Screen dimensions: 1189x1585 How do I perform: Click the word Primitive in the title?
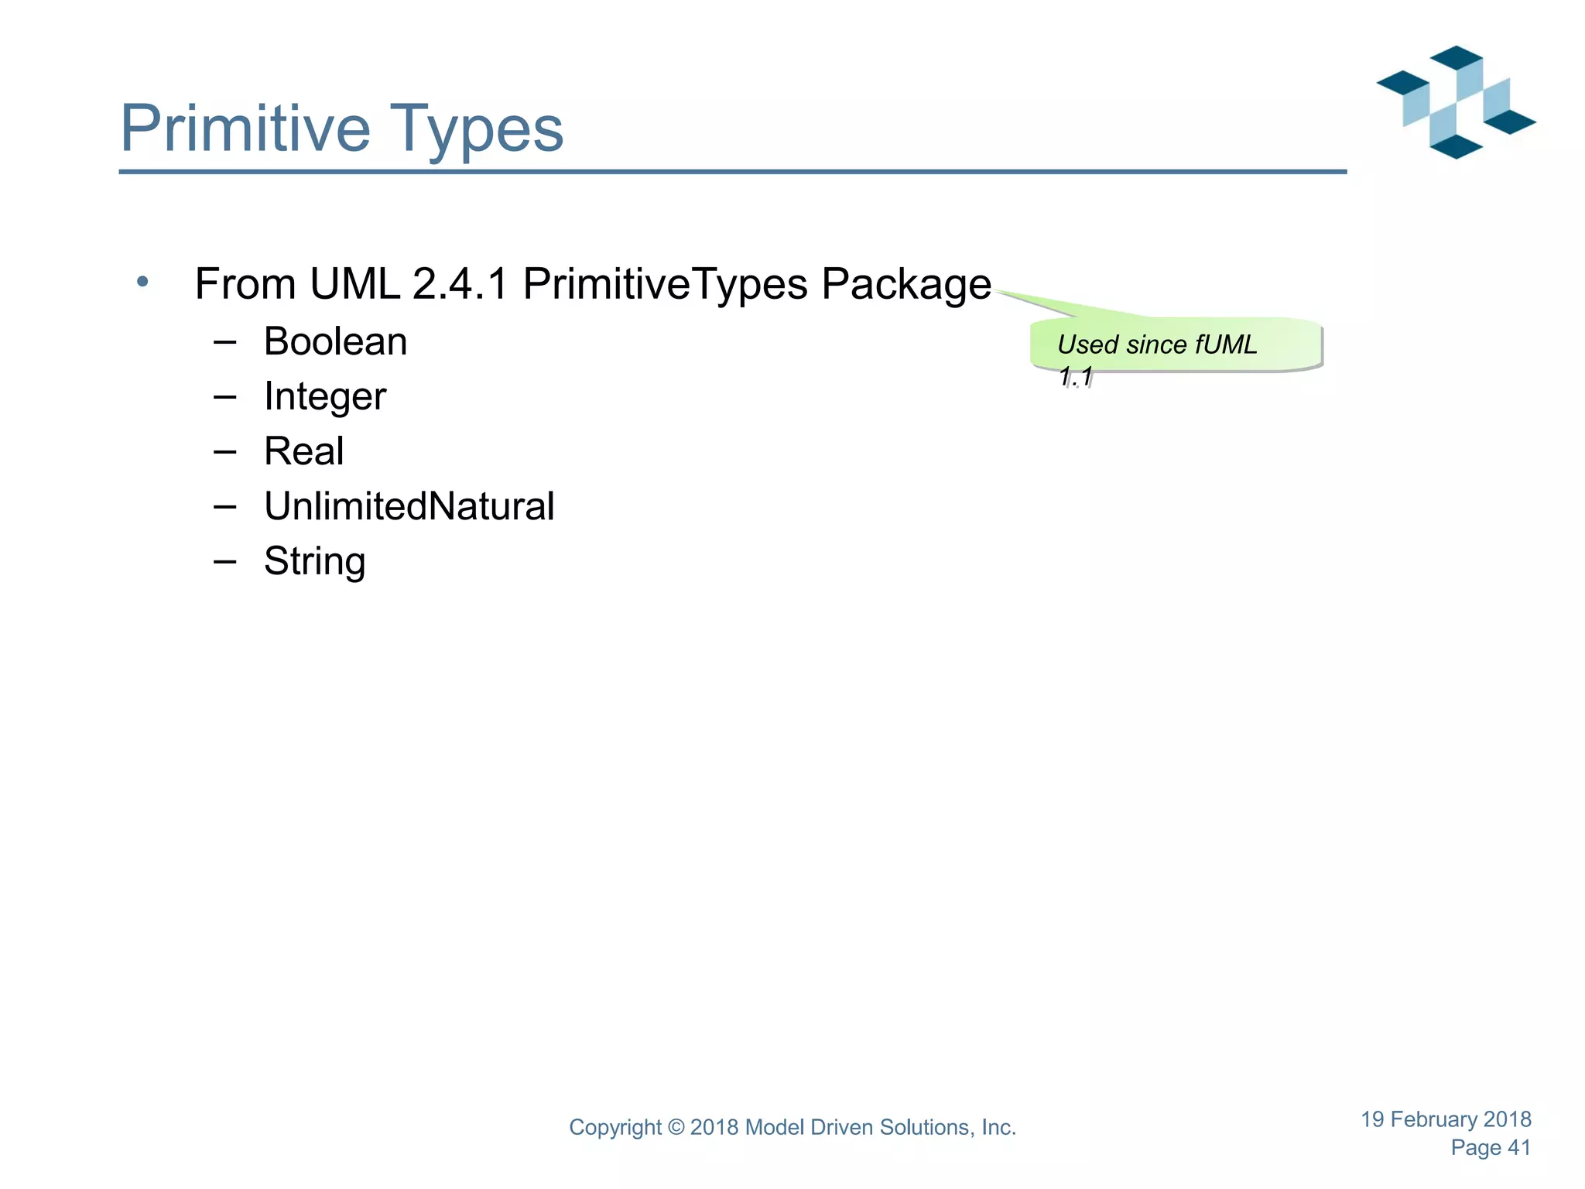(x=245, y=128)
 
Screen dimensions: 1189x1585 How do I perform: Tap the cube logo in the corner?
(x=1456, y=102)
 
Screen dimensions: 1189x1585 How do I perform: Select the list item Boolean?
(x=335, y=341)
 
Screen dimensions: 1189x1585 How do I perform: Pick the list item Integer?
(x=324, y=397)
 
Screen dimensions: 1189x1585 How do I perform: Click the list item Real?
(x=303, y=451)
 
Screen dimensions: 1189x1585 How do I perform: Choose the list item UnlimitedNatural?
(x=409, y=506)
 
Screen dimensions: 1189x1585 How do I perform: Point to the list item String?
(x=314, y=562)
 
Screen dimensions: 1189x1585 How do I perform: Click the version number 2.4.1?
(x=460, y=283)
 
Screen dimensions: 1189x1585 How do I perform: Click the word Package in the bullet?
(x=905, y=285)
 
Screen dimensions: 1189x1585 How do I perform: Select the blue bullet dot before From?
(x=142, y=282)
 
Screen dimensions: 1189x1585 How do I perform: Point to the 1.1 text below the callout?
(x=1075, y=376)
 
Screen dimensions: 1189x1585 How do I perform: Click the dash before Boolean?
(x=224, y=341)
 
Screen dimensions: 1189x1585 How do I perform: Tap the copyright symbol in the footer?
(x=676, y=1128)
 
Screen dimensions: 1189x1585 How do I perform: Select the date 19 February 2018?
(x=1446, y=1119)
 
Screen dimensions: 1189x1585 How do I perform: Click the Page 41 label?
(x=1491, y=1148)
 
